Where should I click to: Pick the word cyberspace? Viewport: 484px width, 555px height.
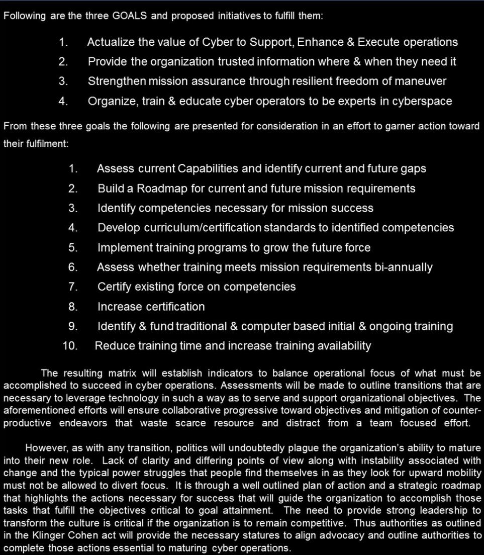pos(422,101)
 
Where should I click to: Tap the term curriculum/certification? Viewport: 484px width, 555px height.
pos(203,228)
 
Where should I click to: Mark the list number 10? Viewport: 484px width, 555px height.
pos(70,346)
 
